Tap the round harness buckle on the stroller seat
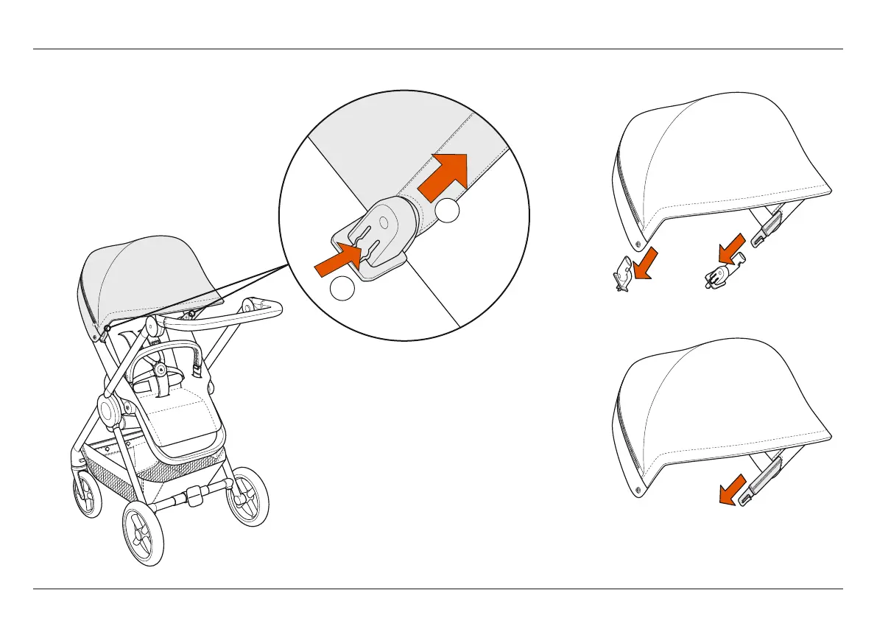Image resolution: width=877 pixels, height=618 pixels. point(160,365)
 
